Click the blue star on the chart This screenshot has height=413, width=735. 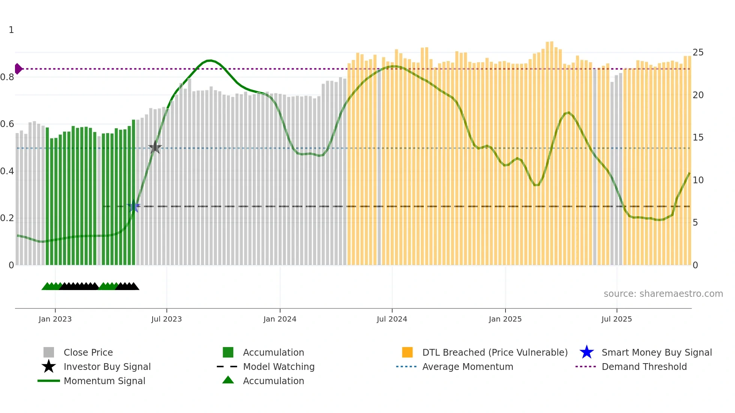point(133,206)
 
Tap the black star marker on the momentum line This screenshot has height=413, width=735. point(155,147)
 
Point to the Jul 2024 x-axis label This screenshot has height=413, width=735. point(392,319)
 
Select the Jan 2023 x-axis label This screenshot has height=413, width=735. point(55,319)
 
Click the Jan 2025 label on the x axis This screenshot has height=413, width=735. point(505,319)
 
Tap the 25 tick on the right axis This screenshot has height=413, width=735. point(698,52)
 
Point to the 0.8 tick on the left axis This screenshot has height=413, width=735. point(7,77)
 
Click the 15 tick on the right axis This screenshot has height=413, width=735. point(698,138)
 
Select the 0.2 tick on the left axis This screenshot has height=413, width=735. point(7,218)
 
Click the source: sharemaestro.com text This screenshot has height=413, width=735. point(663,293)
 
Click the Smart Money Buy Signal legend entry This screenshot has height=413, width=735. point(656,352)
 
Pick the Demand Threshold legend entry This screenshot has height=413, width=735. point(644,367)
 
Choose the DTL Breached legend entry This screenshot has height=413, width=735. point(495,352)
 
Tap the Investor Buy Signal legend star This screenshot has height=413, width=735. point(49,367)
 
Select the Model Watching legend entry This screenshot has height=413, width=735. point(278,367)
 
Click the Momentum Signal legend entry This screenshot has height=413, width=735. point(104,381)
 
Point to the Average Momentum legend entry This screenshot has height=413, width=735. point(467,367)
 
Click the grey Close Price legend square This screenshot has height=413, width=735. point(49,352)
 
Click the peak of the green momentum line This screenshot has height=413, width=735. point(210,60)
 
